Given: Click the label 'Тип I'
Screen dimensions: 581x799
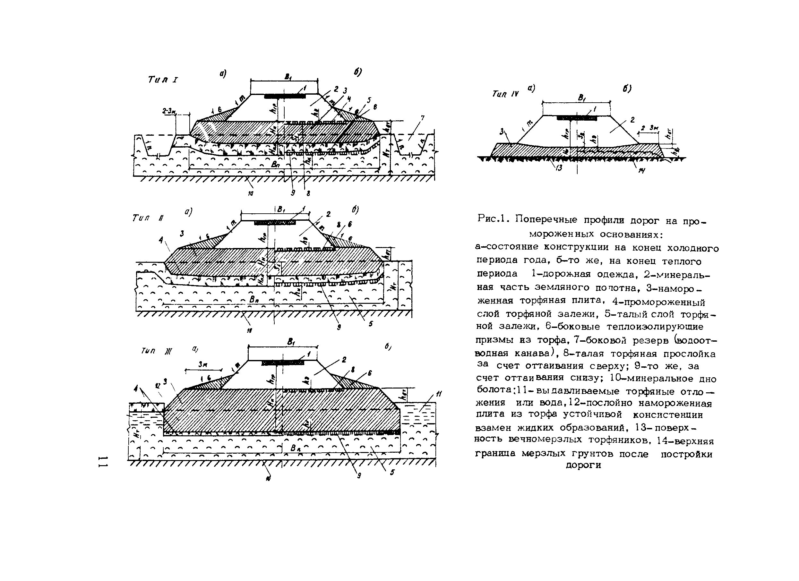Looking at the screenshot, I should tap(163, 80).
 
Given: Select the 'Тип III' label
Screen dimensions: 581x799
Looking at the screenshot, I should tap(156, 351).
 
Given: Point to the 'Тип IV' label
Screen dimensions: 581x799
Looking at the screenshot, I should tap(505, 94).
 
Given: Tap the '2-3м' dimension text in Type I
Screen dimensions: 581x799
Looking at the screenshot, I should tap(169, 111).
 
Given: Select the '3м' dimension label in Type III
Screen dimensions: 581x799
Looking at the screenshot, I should tap(202, 365).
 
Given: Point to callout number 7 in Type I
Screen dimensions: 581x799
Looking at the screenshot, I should tap(422, 118).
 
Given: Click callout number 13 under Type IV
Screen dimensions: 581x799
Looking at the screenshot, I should tap(559, 168).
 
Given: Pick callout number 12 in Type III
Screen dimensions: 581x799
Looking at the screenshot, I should tap(158, 386).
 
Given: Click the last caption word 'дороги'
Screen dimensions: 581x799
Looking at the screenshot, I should tap(583, 466).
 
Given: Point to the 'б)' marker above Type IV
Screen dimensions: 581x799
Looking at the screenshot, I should tap(627, 89).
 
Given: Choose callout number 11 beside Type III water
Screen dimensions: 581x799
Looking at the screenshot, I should tap(439, 394).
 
